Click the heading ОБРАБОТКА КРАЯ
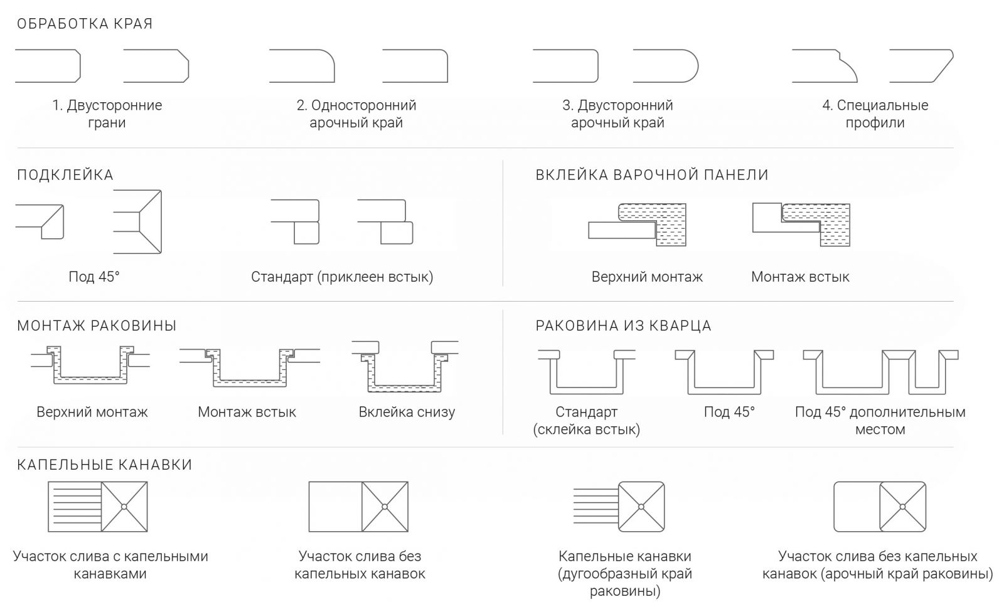(85, 24)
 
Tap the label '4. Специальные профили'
(875, 113)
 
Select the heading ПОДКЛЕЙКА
(65, 175)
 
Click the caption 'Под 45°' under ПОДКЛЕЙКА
(94, 277)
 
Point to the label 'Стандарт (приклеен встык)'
(342, 277)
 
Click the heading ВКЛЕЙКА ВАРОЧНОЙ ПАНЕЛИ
(652, 175)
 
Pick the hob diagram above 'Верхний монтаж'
(638, 224)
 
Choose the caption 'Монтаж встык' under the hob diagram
(800, 277)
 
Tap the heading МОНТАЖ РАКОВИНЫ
(97, 325)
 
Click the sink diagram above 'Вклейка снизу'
(405, 366)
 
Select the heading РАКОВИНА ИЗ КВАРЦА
(624, 325)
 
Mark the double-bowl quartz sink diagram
(880, 372)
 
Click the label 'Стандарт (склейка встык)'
(586, 421)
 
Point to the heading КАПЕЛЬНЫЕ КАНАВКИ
(104, 465)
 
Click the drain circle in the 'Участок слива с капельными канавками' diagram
(124, 507)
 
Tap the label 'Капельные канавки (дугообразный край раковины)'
(625, 574)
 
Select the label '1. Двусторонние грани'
(107, 113)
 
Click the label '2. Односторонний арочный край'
(356, 113)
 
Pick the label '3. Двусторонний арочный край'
(617, 113)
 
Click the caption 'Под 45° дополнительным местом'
(880, 421)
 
